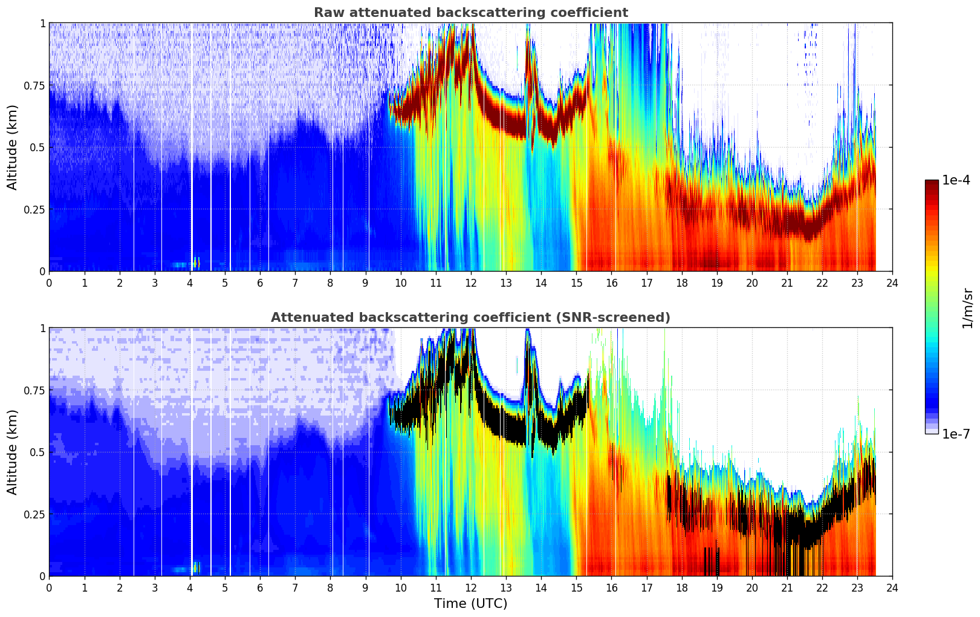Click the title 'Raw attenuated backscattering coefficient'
(x=470, y=13)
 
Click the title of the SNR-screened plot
(x=470, y=318)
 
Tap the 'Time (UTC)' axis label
(x=470, y=604)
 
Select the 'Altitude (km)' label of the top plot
(x=13, y=147)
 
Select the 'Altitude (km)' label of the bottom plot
(x=13, y=452)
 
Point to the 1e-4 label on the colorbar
(x=956, y=180)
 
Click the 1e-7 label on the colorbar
(x=956, y=434)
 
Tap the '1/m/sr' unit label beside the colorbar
(x=967, y=308)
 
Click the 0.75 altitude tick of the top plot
(x=34, y=85)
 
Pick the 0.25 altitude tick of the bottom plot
(x=34, y=514)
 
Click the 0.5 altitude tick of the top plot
(x=37, y=148)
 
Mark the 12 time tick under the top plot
(x=470, y=282)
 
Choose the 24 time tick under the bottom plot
(x=892, y=587)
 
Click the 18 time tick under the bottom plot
(x=681, y=587)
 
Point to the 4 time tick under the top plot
(x=190, y=282)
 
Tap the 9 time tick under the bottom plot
(x=365, y=587)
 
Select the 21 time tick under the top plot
(x=787, y=282)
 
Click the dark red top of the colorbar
(x=931, y=183)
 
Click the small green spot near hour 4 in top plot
(x=196, y=263)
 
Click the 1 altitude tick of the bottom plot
(x=42, y=328)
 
